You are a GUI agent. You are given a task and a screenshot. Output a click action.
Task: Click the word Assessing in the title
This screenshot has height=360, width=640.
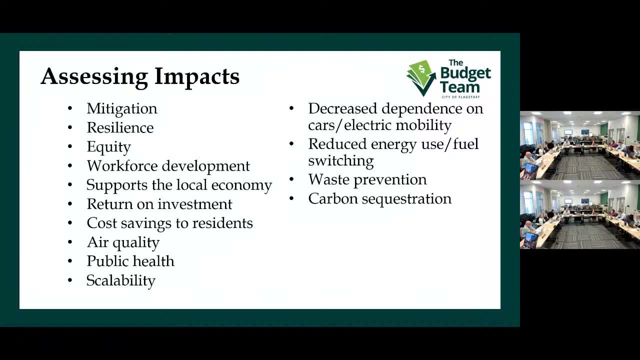[x=94, y=76]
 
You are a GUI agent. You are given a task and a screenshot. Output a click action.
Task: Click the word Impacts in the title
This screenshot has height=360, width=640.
[x=196, y=76]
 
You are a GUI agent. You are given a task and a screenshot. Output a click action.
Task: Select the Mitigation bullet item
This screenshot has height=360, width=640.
[x=121, y=108]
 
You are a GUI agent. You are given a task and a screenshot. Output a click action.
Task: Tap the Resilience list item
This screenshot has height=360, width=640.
[x=120, y=127]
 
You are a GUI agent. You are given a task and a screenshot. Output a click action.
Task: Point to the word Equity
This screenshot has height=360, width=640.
[x=108, y=146]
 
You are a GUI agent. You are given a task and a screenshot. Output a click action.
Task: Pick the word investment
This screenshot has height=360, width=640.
[x=195, y=204]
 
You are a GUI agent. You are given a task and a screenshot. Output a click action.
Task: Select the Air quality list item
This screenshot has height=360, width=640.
[x=123, y=242]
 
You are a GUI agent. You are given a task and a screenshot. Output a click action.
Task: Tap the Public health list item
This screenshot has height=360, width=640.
[x=130, y=261]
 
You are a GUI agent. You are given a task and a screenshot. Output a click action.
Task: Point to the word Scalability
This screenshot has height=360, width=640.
[x=121, y=280]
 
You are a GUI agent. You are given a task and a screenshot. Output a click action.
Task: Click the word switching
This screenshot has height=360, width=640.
[x=340, y=160]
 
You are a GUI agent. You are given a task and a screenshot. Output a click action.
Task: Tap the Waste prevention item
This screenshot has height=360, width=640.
[x=367, y=179]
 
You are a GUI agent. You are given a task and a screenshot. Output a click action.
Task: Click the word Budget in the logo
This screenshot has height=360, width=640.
[x=465, y=74]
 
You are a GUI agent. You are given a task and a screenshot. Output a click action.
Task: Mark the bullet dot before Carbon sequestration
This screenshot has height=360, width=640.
[x=292, y=199]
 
